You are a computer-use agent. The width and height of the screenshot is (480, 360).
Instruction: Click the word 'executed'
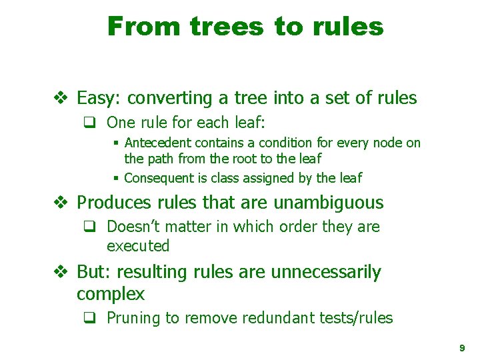coord(138,246)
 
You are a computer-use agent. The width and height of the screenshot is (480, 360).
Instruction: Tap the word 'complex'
coord(111,293)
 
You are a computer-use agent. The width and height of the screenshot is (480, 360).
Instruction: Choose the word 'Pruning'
coord(133,318)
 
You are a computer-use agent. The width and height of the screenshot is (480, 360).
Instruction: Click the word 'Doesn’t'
coord(131,227)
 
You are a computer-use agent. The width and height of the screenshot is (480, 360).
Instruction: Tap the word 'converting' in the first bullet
coord(171,99)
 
